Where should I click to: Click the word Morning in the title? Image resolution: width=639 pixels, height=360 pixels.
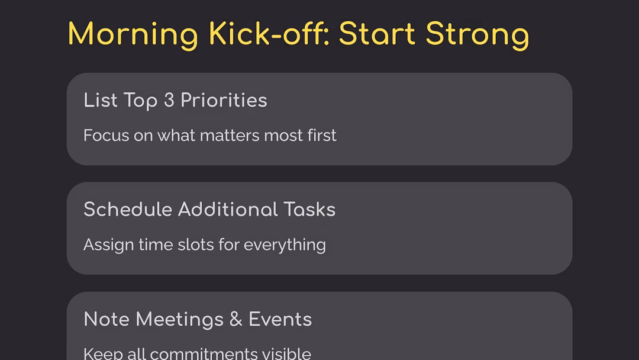[133, 35]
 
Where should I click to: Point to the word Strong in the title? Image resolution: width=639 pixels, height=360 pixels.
[477, 35]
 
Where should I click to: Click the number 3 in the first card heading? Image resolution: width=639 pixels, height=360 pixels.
[169, 100]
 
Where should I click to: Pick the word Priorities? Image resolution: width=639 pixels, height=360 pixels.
[224, 100]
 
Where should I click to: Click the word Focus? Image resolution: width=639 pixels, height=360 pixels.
[106, 136]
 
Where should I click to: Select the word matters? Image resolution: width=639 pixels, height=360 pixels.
[230, 136]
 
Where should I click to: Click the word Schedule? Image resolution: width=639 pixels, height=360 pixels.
[128, 210]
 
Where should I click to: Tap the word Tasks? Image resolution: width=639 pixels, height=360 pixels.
[309, 210]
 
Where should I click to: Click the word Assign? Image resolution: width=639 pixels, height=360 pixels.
[108, 245]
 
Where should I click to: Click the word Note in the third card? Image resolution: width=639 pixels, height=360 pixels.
[106, 319]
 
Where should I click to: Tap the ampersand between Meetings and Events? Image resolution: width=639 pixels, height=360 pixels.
[236, 319]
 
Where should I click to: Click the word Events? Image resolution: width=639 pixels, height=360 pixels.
[280, 319]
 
